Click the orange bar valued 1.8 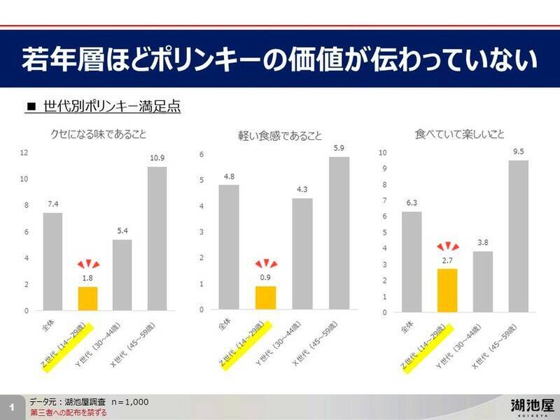coord(87,299)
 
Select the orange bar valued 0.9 coord(265,298)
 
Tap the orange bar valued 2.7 coord(447,290)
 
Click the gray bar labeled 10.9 coord(157,238)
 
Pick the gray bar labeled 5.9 coord(339,233)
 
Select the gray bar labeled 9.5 coord(519,236)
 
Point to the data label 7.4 coord(52,204)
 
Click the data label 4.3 coord(302,189)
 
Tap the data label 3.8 coord(482,242)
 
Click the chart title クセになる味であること coord(97,134)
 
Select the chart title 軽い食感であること coord(280,135)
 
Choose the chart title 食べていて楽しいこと coord(459,133)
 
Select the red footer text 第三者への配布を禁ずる coord(69,413)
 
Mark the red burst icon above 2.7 coord(447,247)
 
